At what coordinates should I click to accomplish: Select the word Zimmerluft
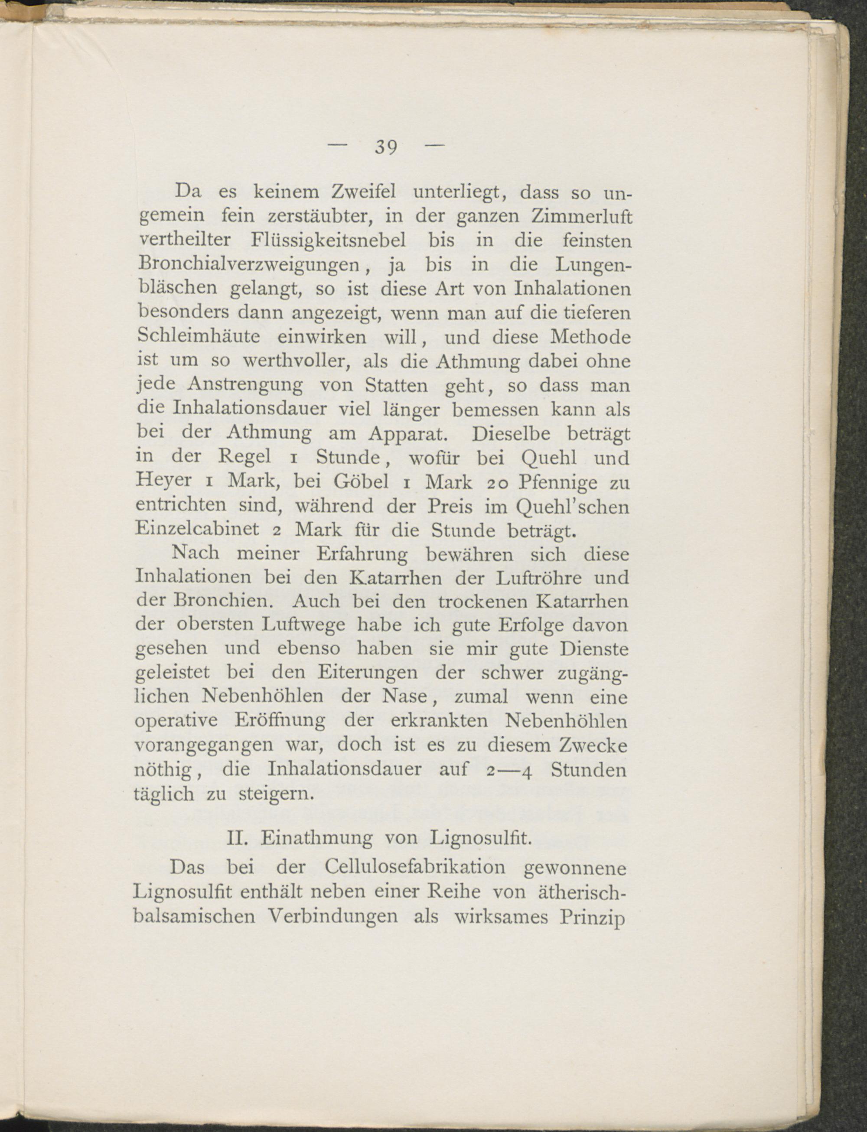click(580, 216)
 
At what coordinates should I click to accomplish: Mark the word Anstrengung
click(245, 385)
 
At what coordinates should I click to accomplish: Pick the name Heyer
click(163, 481)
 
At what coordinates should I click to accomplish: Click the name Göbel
click(361, 481)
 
